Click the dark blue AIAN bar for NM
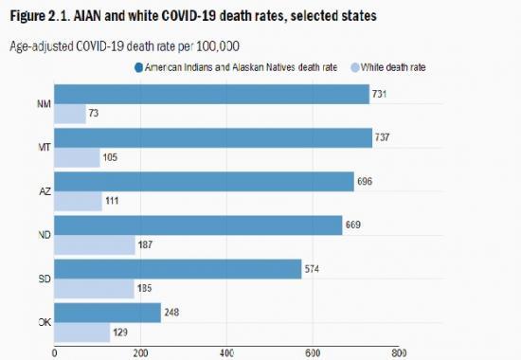pos(211,94)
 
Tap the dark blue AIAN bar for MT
pos(213,137)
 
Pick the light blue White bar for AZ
pos(79,202)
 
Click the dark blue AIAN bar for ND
pos(198,225)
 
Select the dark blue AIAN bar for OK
pos(107,313)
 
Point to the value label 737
pos(384,137)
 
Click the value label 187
pos(148,245)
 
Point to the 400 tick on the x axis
pos(226,352)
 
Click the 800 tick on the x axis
pos(399,352)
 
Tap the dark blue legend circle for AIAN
pos(138,67)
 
